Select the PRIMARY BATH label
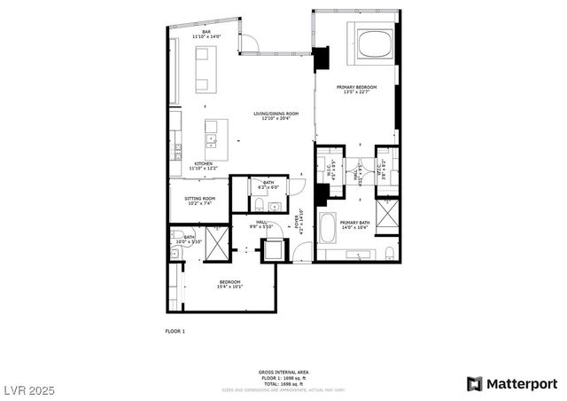coord(355,224)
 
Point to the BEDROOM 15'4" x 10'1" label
coord(229,285)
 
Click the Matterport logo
coord(512,383)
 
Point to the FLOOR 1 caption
coord(175,331)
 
